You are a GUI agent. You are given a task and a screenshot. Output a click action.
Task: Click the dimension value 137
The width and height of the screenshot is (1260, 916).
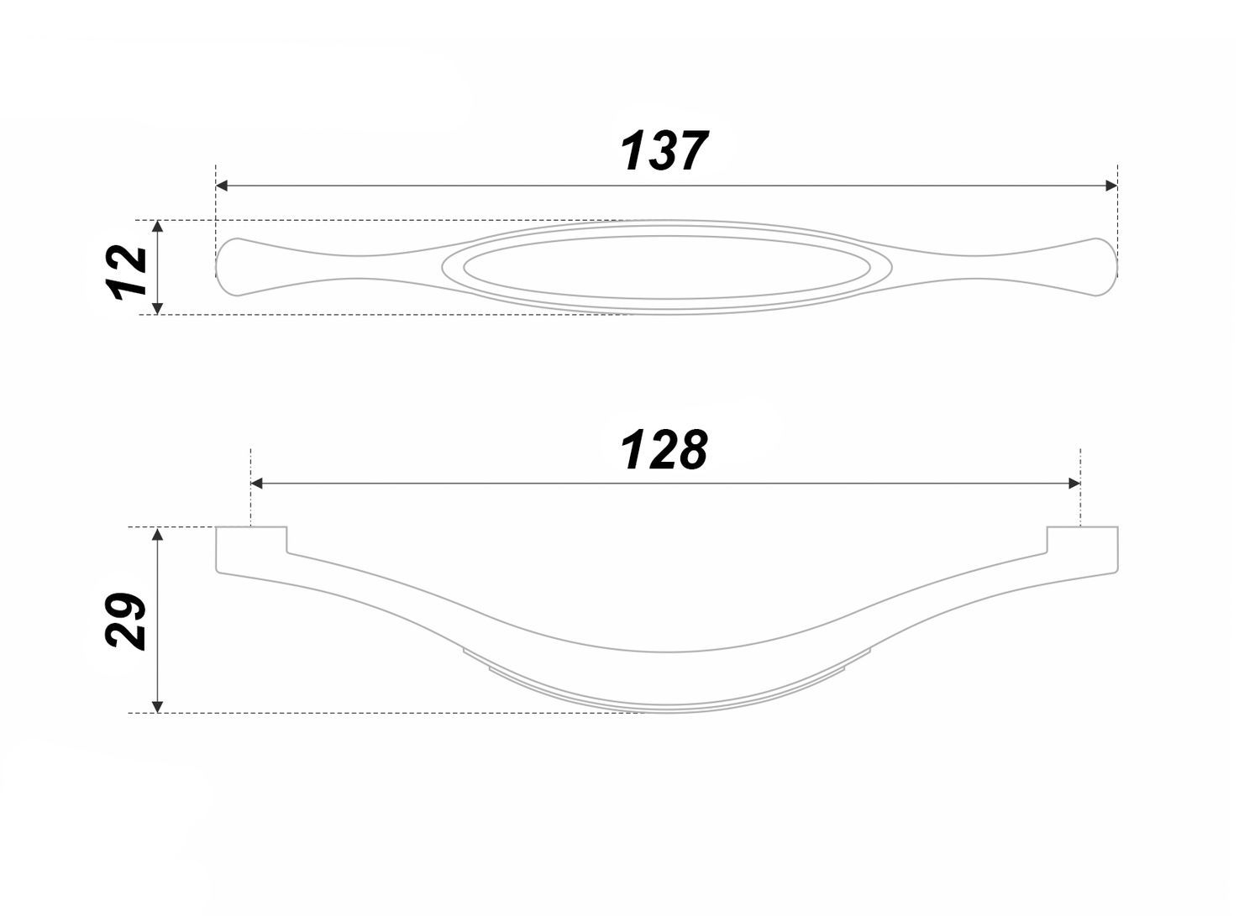pos(664,150)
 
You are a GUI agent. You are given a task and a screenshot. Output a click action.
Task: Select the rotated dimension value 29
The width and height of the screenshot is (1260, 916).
pos(126,621)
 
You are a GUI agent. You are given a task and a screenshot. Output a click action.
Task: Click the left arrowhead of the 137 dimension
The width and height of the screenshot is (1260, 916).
pos(222,186)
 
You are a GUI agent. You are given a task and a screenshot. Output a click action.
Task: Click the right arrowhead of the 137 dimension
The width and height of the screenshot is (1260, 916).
pos(1111,186)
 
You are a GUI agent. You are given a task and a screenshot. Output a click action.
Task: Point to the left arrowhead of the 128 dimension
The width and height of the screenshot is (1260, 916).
pos(256,484)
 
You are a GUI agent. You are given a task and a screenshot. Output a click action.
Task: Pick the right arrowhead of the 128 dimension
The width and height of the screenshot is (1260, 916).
pos(1074,484)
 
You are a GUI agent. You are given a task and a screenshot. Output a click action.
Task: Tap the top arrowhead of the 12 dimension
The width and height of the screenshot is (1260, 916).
pos(158,226)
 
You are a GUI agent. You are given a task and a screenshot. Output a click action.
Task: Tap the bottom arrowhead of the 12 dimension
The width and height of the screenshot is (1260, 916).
pos(158,308)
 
